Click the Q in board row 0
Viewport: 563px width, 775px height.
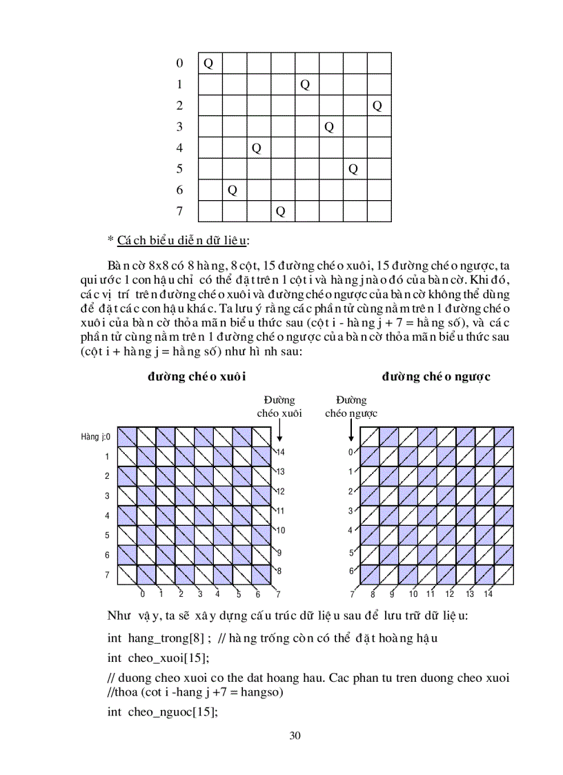(208, 63)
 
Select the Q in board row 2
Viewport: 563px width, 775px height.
(377, 106)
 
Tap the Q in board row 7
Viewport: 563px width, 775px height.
(280, 211)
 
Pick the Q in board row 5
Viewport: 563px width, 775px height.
(353, 169)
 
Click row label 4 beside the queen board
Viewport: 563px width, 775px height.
(179, 148)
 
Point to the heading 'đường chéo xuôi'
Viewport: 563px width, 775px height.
(197, 377)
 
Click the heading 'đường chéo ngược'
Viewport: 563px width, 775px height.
(436, 377)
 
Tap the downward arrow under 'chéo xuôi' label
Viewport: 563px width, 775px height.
(279, 431)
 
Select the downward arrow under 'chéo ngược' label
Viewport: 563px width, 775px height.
(351, 431)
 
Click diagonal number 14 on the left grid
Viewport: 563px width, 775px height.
(280, 452)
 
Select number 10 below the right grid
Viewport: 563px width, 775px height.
(413, 593)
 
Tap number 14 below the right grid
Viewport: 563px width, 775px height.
(488, 593)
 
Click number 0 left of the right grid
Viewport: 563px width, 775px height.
(350, 452)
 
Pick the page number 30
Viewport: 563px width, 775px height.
(295, 736)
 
